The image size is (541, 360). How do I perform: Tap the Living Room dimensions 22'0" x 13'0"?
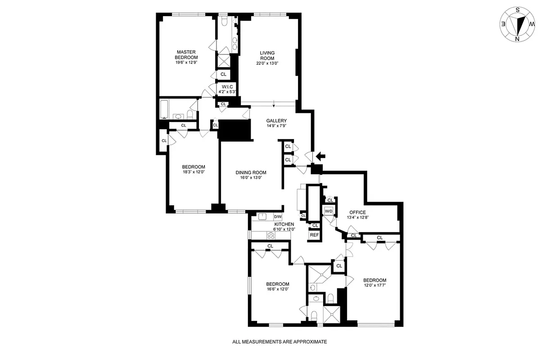(x=267, y=63)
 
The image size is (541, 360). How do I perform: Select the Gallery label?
(x=276, y=121)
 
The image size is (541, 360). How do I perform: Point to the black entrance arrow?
(x=320, y=156)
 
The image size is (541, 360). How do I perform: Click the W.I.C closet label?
(x=226, y=87)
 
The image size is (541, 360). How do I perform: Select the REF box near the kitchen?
(x=314, y=235)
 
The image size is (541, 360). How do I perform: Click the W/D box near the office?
(x=329, y=211)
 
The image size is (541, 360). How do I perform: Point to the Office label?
(x=357, y=212)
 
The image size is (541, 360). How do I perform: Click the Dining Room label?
(x=251, y=172)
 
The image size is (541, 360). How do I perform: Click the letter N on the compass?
(x=517, y=39)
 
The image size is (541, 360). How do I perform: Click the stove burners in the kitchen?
(x=271, y=235)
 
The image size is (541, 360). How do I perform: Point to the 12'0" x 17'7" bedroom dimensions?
(x=374, y=284)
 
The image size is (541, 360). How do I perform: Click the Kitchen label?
(x=284, y=224)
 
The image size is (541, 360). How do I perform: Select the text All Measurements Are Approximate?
(x=279, y=342)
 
